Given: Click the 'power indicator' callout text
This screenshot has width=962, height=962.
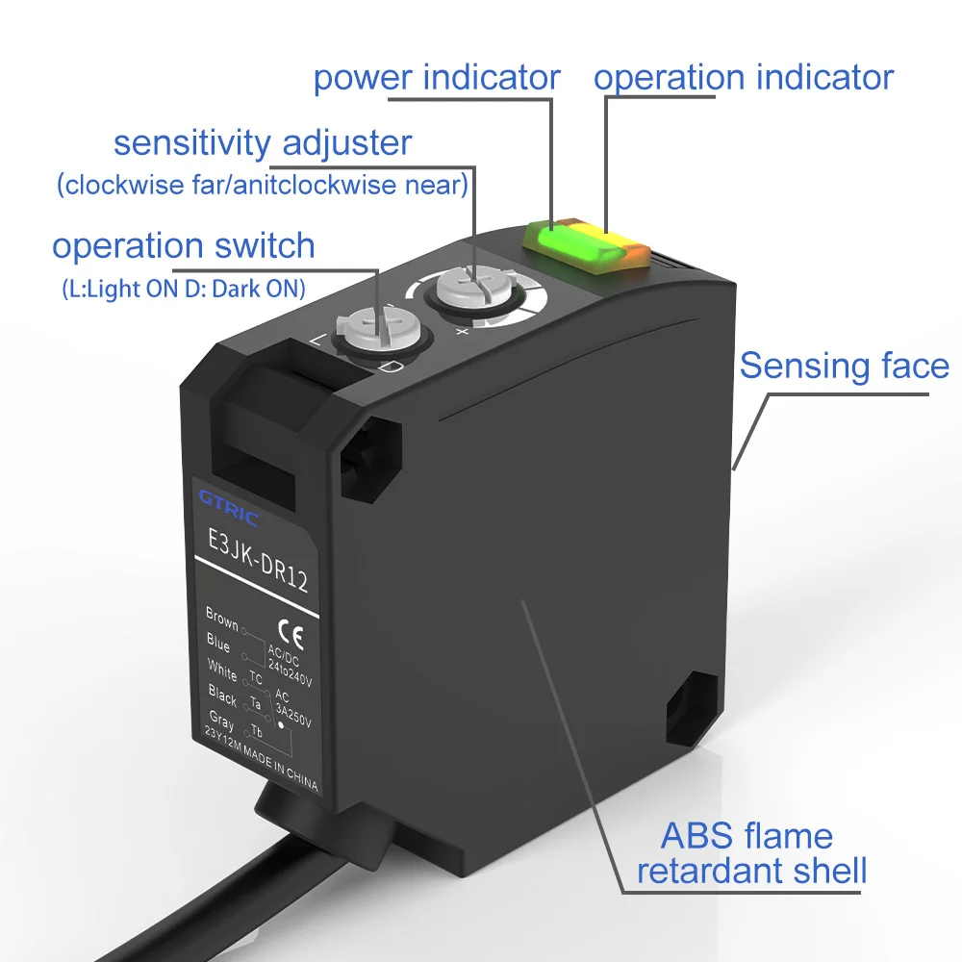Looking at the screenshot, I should [x=437, y=78].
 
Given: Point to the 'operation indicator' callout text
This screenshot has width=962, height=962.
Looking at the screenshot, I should [x=743, y=78].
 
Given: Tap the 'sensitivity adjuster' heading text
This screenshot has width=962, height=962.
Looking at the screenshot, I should [x=262, y=143].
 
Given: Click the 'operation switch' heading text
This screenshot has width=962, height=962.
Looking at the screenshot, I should [x=183, y=246].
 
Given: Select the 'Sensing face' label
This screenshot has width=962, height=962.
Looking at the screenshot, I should [x=844, y=366].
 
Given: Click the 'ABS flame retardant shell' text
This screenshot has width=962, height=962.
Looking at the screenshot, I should [x=751, y=853].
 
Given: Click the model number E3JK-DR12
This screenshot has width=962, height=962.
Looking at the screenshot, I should [x=257, y=562].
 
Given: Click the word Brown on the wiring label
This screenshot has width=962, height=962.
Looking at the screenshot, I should [x=221, y=618].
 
